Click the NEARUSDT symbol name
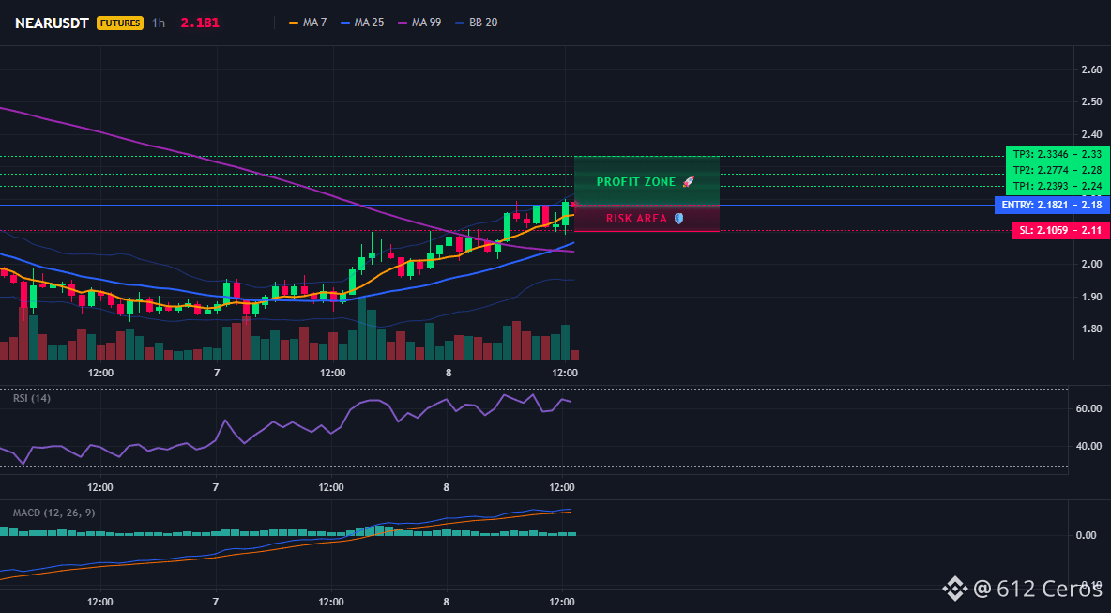point(52,23)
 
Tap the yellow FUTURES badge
point(120,23)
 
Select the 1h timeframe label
point(159,23)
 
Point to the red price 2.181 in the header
point(200,23)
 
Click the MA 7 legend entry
point(308,23)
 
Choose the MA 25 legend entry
point(362,23)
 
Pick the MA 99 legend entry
point(419,23)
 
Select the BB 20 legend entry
point(476,23)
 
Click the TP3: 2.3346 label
point(1039,154)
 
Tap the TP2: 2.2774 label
point(1039,170)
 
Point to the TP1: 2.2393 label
point(1039,187)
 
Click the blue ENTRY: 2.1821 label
point(1033,205)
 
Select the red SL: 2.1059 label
point(1043,230)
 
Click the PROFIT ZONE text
point(636,182)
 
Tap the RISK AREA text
point(636,219)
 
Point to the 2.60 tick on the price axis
point(1091,69)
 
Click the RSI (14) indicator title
point(32,398)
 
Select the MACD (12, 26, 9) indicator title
point(53,513)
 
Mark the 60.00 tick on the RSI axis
point(1088,408)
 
